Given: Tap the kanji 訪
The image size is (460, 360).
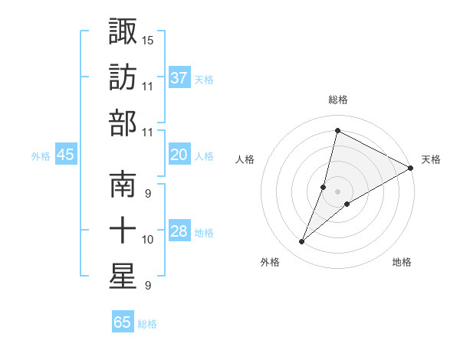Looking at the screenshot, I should point(123,77).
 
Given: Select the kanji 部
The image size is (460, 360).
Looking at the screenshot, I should point(123,122).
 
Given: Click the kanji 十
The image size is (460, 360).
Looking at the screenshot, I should point(123,231).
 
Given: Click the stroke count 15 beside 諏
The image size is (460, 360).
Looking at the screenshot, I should point(148,39).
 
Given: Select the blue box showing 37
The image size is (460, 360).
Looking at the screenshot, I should point(179,78).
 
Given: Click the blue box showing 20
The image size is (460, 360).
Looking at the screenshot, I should point(179,155).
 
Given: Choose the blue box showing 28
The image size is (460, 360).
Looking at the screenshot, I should point(179,232).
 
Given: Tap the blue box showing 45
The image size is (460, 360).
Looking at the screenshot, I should point(65,155).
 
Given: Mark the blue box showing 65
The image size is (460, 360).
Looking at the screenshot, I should point(123,322).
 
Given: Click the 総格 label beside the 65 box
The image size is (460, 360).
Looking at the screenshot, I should point(147,324).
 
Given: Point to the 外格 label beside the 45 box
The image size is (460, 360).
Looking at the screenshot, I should point(41,156).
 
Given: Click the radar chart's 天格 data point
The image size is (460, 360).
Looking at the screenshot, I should point(411,168).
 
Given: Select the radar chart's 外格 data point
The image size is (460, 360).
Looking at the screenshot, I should point(301,242).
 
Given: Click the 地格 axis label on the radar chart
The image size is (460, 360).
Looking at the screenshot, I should point(402,263).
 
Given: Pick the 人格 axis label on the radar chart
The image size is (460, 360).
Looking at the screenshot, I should point(245,159).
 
